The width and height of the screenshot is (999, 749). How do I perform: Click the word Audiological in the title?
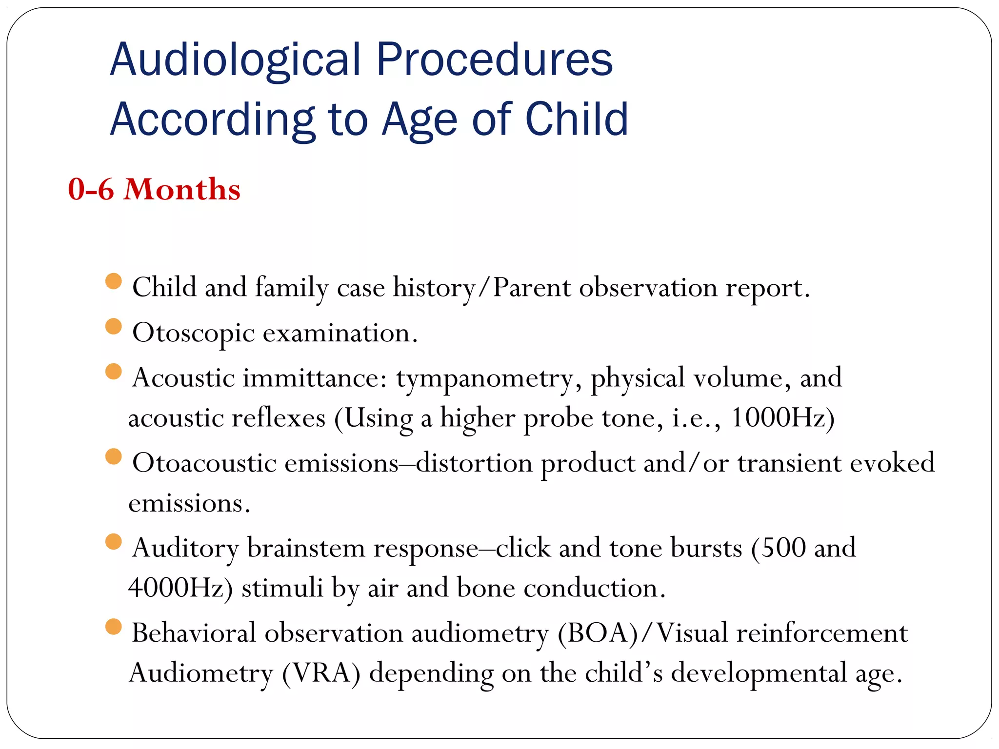click(235, 60)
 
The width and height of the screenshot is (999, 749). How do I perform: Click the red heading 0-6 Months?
click(154, 189)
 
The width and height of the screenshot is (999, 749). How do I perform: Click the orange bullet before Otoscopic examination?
click(113, 326)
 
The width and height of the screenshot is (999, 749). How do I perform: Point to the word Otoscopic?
click(193, 334)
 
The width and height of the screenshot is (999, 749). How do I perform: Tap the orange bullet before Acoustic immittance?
click(113, 371)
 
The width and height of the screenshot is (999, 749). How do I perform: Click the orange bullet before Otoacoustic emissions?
click(113, 456)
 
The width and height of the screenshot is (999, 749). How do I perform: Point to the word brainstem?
click(306, 548)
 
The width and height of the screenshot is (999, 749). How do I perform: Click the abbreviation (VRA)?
click(321, 674)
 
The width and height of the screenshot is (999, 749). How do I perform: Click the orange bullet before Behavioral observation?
click(113, 627)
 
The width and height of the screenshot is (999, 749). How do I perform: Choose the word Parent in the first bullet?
click(531, 288)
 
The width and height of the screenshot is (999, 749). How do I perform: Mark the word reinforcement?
click(822, 633)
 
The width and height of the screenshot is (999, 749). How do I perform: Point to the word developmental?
click(759, 674)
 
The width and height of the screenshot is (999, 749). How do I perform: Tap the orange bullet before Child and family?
click(113, 281)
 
